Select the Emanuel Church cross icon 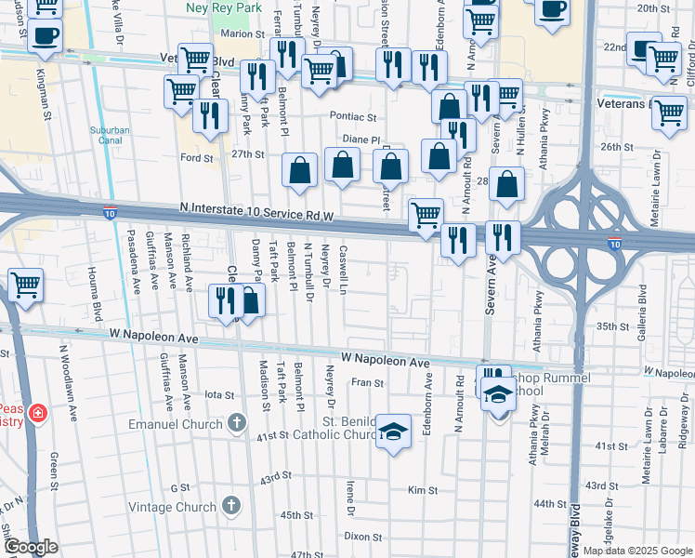coord(237,424)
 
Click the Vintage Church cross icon coord(231,507)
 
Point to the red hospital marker coord(37,413)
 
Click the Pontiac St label coord(353,118)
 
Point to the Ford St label coord(197,158)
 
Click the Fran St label coord(367,382)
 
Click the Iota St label coord(219,395)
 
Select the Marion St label coord(237,33)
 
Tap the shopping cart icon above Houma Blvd coord(24,284)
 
